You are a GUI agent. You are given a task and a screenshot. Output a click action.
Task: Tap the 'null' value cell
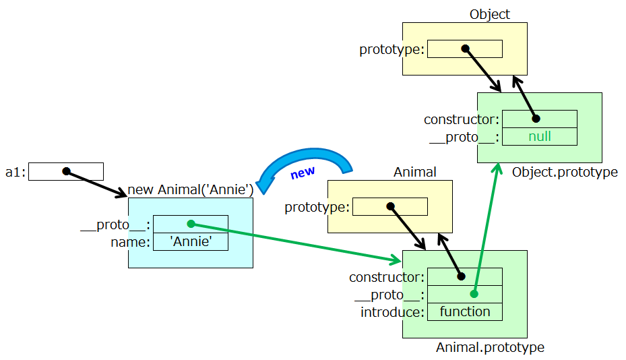coord(540,136)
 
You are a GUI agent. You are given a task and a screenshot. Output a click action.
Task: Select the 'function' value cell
coord(465,311)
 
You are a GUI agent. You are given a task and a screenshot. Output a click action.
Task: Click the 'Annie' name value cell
coord(191,241)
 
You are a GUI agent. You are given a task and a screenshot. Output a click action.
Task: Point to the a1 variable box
coord(66,171)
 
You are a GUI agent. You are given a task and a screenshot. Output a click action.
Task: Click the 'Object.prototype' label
coord(565,172)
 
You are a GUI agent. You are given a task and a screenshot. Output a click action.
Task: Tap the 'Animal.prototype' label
coord(490,348)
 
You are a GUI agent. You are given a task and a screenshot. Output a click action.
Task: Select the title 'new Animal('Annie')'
coord(190,189)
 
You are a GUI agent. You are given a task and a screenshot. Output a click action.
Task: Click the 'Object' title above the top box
coord(490,14)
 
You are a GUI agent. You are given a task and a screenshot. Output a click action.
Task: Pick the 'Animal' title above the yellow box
coord(414,172)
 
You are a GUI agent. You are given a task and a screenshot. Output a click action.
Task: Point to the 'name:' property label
coord(130,242)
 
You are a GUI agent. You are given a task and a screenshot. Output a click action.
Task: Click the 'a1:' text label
coord(15,172)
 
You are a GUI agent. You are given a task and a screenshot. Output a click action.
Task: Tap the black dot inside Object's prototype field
coord(465,49)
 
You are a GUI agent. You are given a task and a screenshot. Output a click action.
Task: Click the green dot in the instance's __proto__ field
coord(191,224)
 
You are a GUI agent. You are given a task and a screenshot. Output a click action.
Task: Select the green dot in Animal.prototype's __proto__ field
coord(474,294)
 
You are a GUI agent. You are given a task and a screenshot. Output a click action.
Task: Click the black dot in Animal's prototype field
coord(390,206)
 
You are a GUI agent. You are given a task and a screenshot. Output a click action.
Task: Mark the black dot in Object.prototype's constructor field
coord(536,119)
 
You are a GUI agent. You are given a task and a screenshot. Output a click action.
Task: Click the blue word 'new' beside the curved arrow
coord(303,173)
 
